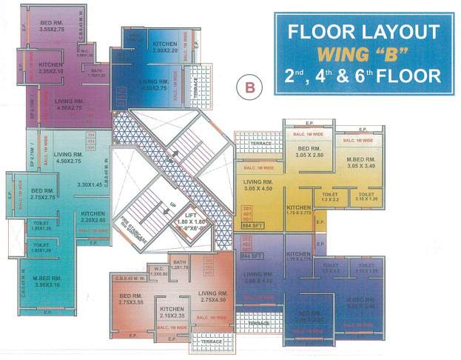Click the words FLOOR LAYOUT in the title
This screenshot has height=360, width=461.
(x=363, y=33)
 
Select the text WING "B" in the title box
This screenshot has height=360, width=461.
(x=362, y=54)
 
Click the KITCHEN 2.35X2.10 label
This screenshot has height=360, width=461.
(x=50, y=68)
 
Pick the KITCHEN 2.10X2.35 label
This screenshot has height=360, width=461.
(x=171, y=312)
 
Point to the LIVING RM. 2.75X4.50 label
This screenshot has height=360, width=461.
(x=212, y=296)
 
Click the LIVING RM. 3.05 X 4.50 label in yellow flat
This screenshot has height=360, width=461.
(x=258, y=184)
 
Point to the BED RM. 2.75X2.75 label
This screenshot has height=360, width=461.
(x=43, y=193)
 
